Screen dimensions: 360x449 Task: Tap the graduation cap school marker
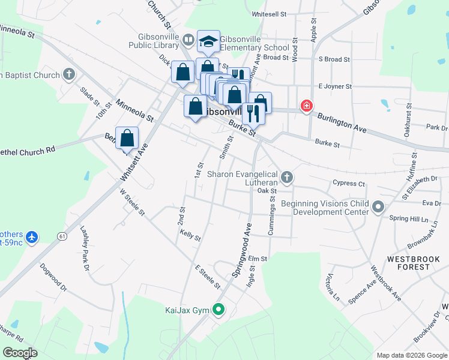click(x=208, y=41)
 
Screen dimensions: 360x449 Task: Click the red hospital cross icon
click(x=307, y=107)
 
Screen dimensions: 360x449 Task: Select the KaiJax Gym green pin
click(x=219, y=310)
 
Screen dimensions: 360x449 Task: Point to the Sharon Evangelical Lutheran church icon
click(x=287, y=177)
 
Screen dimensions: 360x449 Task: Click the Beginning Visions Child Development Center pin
click(x=378, y=208)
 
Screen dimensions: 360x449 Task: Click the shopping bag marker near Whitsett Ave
click(x=127, y=139)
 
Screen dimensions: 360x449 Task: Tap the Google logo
click(x=20, y=353)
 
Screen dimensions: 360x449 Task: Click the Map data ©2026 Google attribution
click(x=411, y=355)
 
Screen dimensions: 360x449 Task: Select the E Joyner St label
click(x=334, y=86)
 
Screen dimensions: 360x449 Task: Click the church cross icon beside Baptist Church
click(x=69, y=75)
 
